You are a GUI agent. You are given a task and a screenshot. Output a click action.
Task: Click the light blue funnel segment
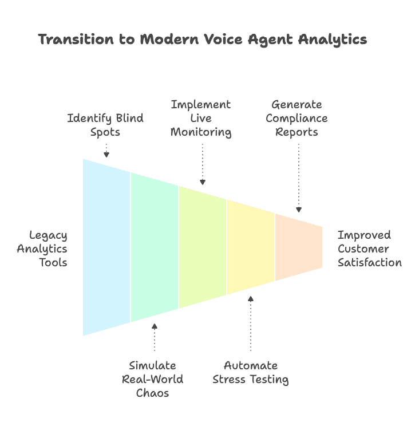tap(106, 247)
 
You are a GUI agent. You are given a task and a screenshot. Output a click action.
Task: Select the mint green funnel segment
tap(155, 247)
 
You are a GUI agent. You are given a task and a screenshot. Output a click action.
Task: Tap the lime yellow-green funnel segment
tap(203, 247)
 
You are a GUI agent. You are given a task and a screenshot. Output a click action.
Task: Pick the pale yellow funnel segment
tap(251, 247)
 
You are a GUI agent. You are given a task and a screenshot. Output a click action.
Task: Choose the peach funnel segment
tap(299, 247)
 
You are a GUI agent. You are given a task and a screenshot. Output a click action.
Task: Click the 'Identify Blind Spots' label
tap(106, 125)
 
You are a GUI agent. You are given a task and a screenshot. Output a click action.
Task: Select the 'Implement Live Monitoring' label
tap(201, 119)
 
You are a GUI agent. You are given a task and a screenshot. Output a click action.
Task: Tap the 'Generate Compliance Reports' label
tap(297, 119)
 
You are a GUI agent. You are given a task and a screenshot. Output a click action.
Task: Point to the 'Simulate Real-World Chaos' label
tap(153, 379)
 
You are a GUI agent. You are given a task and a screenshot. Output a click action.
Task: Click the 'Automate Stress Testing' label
tap(251, 372)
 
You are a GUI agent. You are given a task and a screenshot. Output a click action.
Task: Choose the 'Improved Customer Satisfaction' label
tap(369, 249)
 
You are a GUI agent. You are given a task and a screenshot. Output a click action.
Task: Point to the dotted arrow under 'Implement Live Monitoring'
tap(202, 164)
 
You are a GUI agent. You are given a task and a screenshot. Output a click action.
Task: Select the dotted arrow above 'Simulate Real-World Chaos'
tap(154, 337)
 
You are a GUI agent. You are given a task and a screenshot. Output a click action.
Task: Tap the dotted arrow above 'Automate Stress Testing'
tap(250, 323)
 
